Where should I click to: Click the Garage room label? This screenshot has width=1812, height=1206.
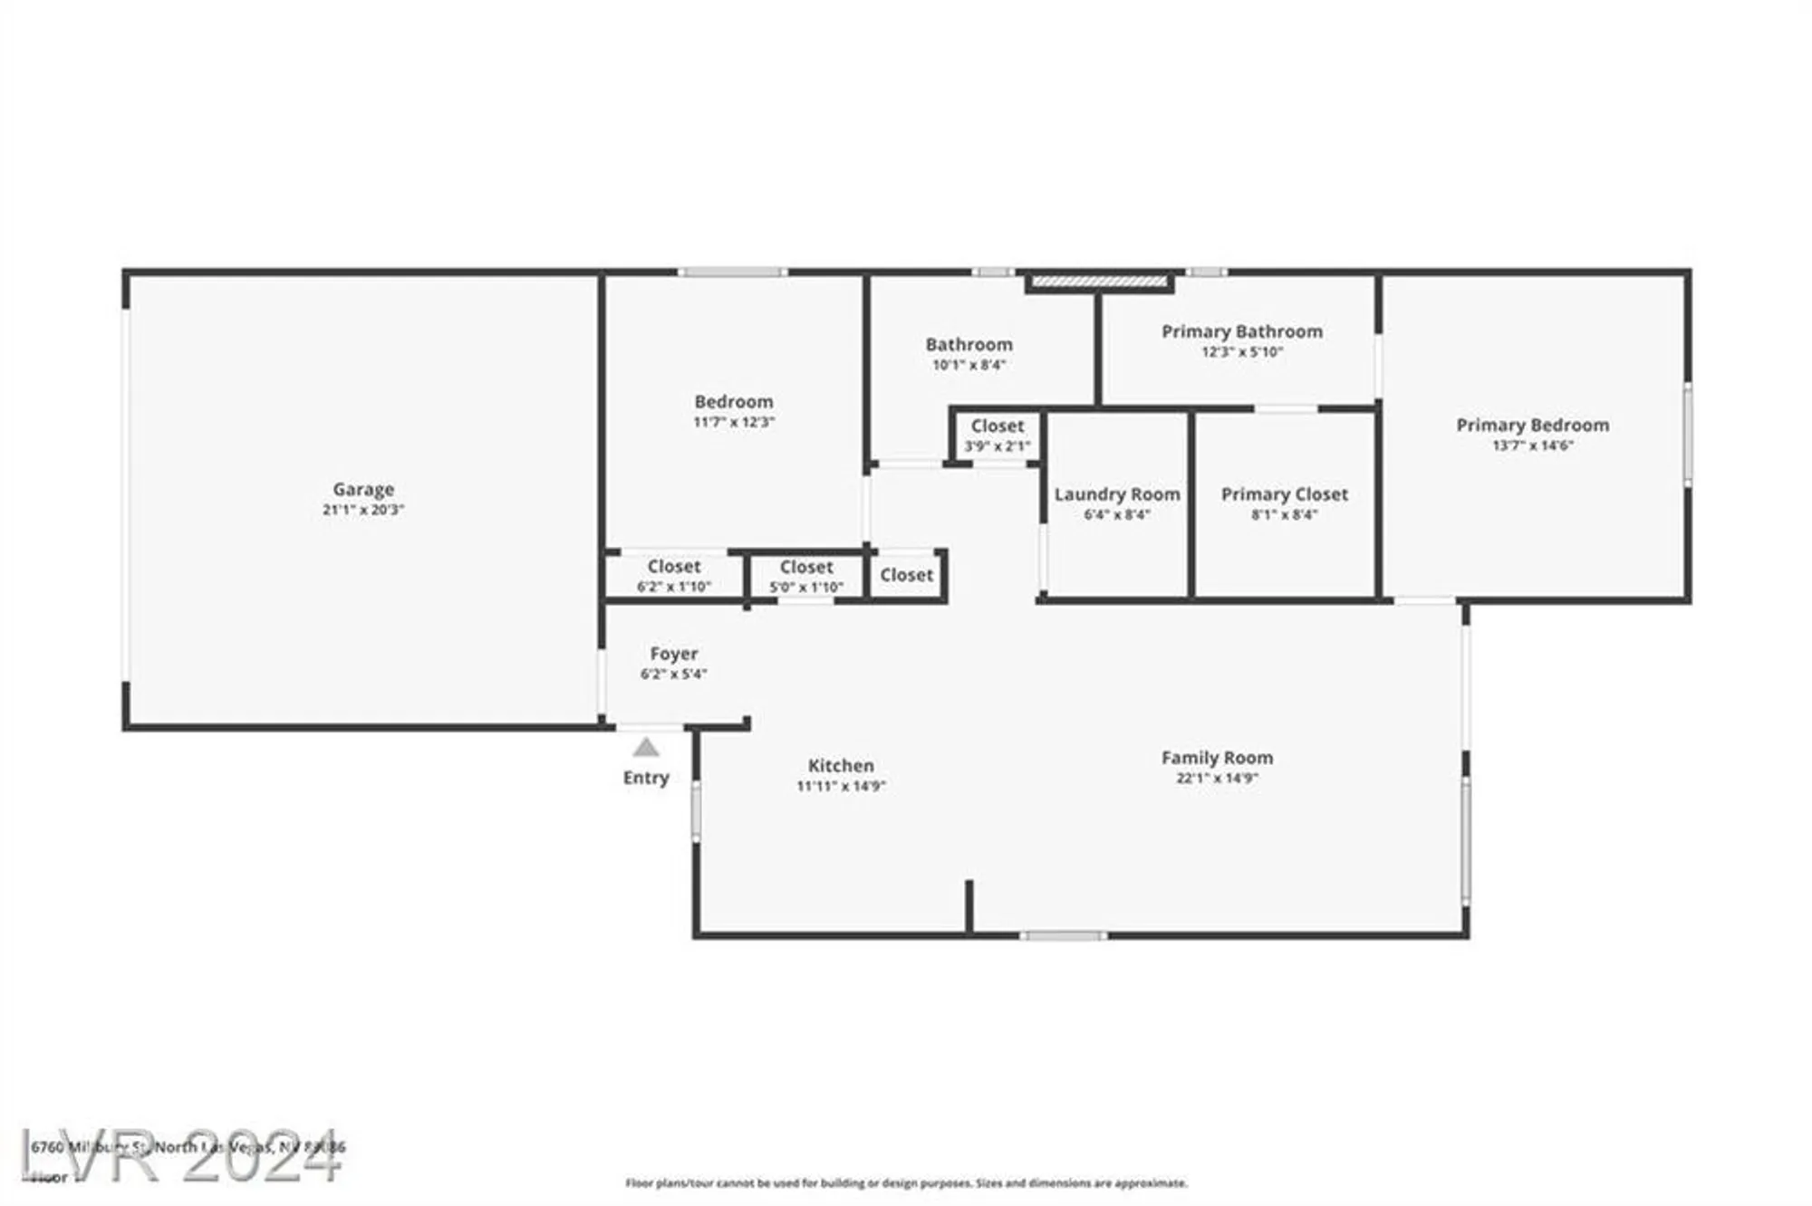pos(362,489)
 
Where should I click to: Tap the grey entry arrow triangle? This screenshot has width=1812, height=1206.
pos(645,747)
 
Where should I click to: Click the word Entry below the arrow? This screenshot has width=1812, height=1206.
pos(645,778)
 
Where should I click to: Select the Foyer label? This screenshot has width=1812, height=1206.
pos(673,654)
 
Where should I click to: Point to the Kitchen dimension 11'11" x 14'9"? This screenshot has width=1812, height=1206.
pos(841,786)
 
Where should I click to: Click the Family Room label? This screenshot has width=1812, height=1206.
pos(1217,758)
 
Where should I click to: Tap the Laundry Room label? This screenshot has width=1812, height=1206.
pos(1116,494)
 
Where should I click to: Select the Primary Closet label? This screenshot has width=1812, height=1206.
pos(1284,494)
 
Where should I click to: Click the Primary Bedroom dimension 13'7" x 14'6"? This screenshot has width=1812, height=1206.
pos(1532,445)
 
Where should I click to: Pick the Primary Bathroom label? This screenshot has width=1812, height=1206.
pos(1241,331)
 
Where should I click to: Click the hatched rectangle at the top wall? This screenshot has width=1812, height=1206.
pos(1099,282)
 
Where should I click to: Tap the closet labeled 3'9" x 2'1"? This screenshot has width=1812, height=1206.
pos(997,435)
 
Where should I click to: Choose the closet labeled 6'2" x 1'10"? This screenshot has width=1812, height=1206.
pos(673,576)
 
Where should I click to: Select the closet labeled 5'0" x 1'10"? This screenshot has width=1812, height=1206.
pos(805,576)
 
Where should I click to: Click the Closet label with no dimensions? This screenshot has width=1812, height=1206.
pos(906,575)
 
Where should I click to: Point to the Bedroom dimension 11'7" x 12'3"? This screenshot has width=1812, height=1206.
pos(733,422)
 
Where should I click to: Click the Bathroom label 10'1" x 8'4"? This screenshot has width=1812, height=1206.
pos(969,345)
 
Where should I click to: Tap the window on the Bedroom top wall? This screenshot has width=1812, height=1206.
pos(732,272)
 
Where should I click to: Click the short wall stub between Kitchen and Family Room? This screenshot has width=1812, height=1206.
pos(969,905)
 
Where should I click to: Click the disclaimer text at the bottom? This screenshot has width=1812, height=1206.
pos(906,1182)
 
